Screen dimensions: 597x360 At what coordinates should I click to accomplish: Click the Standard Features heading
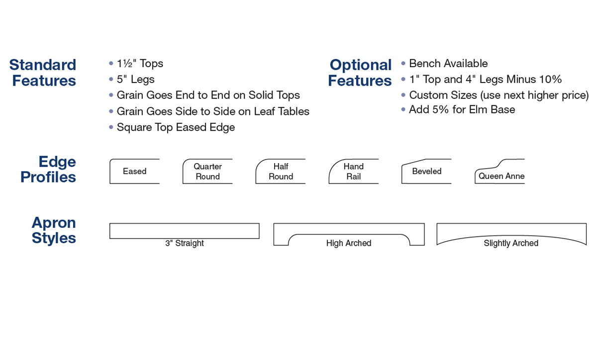click(43, 73)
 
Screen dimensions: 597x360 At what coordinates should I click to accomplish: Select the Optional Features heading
click(360, 73)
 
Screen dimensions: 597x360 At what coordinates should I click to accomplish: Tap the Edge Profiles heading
click(48, 170)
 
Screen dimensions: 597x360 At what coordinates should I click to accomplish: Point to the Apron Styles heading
click(54, 230)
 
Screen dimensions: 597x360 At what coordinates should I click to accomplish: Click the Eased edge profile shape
click(110, 172)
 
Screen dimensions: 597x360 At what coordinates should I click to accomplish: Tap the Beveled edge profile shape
click(402, 173)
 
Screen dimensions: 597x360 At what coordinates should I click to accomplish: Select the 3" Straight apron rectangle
click(185, 224)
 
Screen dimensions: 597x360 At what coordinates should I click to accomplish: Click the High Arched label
click(349, 243)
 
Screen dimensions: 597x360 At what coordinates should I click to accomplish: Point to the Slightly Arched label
click(511, 243)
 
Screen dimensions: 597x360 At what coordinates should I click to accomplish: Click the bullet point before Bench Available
click(403, 64)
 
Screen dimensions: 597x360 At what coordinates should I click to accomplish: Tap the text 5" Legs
click(136, 80)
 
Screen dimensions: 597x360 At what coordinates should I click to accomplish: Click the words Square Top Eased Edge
click(176, 127)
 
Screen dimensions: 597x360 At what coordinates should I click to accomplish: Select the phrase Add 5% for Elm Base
click(462, 109)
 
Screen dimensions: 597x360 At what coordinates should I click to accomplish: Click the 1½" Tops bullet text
click(140, 64)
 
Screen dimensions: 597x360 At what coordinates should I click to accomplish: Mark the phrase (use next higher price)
click(534, 95)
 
